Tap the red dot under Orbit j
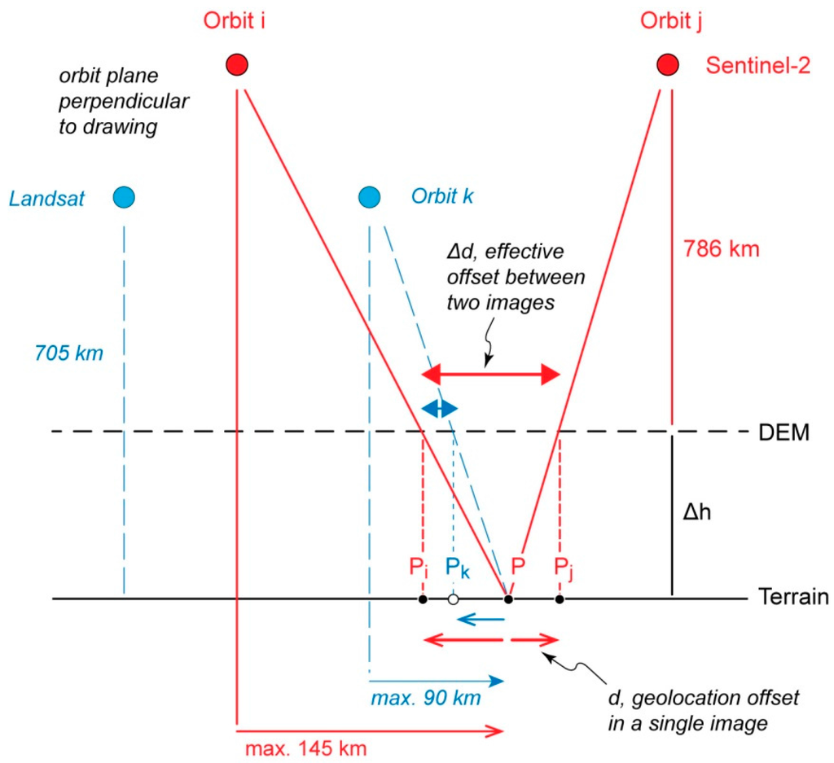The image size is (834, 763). pos(668,64)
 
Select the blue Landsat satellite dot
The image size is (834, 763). pos(124,196)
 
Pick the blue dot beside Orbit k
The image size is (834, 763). pos(369,196)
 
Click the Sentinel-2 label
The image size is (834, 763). pos(757,66)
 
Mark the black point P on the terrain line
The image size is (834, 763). pos(508,599)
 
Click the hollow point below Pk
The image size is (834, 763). pos(453,599)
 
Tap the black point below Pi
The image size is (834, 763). pos(422,599)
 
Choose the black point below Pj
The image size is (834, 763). pos(559,599)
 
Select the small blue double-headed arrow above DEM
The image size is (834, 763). pos(439,408)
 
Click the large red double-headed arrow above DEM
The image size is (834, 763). pos(491,375)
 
